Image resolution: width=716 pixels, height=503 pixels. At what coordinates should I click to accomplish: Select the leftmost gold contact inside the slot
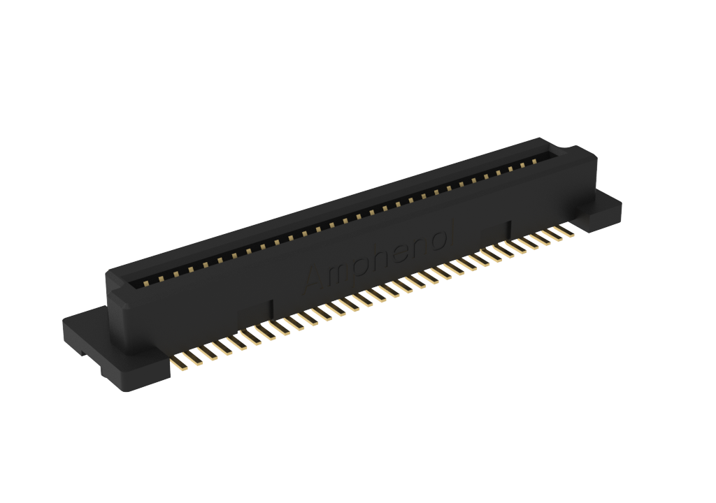pos(147,284)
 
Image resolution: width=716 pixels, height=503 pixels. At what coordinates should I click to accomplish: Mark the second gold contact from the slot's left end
pos(161,279)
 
